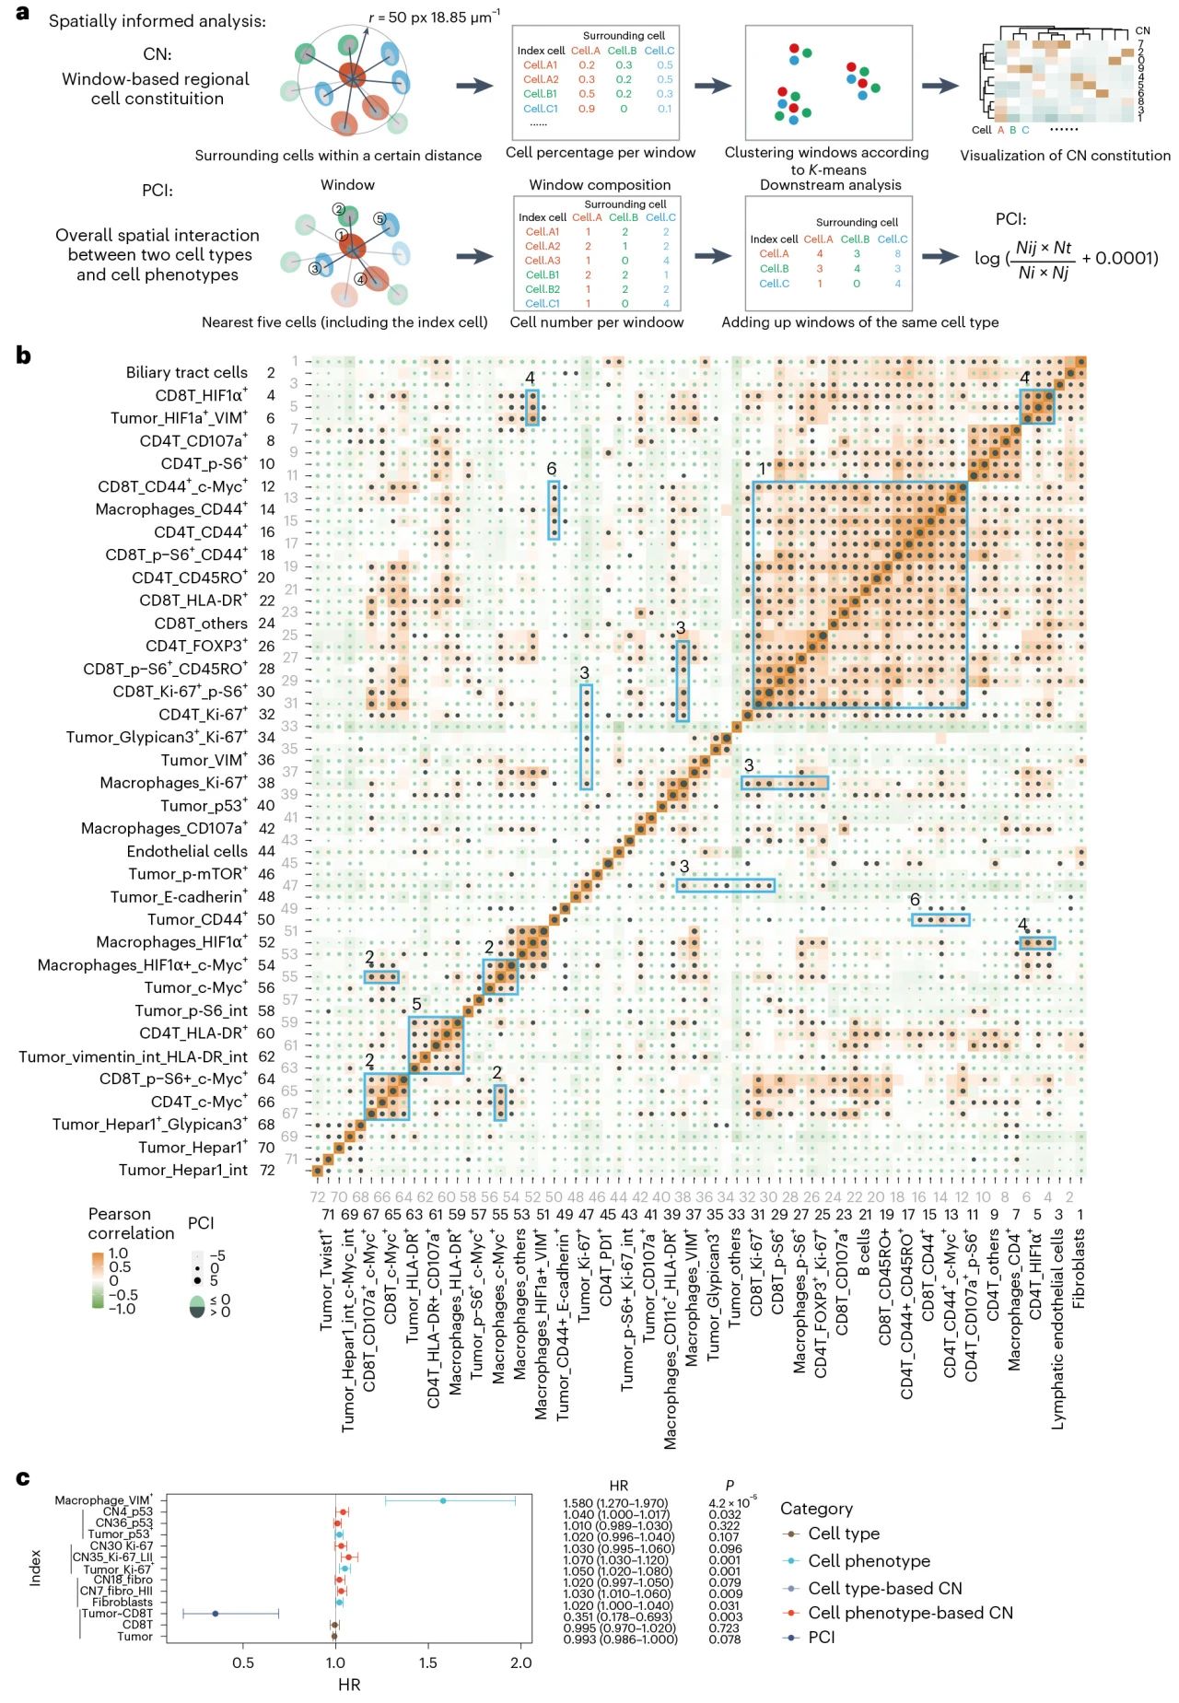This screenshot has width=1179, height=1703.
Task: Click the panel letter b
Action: point(23,355)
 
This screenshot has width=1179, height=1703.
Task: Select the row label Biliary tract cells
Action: point(186,372)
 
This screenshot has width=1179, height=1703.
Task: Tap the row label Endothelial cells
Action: point(187,851)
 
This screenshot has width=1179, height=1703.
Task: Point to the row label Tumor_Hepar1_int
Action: point(182,1170)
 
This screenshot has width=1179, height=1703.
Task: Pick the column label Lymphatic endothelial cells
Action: point(1058,1328)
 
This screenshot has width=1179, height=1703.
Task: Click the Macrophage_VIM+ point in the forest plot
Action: point(443,1500)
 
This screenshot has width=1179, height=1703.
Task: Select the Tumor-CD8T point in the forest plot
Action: point(216,1613)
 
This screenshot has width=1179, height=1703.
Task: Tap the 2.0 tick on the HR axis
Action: point(520,1662)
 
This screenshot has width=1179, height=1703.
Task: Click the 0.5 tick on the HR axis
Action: point(243,1662)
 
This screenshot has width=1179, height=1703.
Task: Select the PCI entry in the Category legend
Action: point(821,1637)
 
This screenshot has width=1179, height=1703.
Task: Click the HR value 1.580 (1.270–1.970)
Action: point(615,1503)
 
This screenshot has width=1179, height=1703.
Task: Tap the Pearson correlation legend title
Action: point(131,1223)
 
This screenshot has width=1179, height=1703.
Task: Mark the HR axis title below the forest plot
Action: point(349,1685)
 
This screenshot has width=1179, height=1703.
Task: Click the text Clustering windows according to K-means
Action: point(826,160)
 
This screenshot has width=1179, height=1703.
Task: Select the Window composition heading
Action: point(600,184)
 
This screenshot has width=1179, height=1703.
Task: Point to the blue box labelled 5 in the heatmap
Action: point(436,1044)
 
